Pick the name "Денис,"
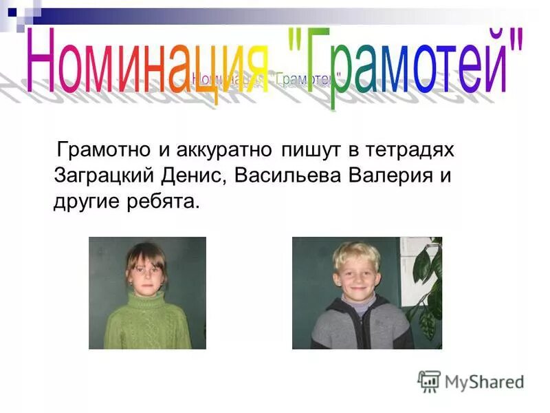tap(195, 176)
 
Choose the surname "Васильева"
tap(288, 176)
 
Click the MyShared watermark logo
tap(471, 381)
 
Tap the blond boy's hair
tap(356, 253)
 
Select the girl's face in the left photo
tap(146, 275)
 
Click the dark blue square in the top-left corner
tap(12, 11)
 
